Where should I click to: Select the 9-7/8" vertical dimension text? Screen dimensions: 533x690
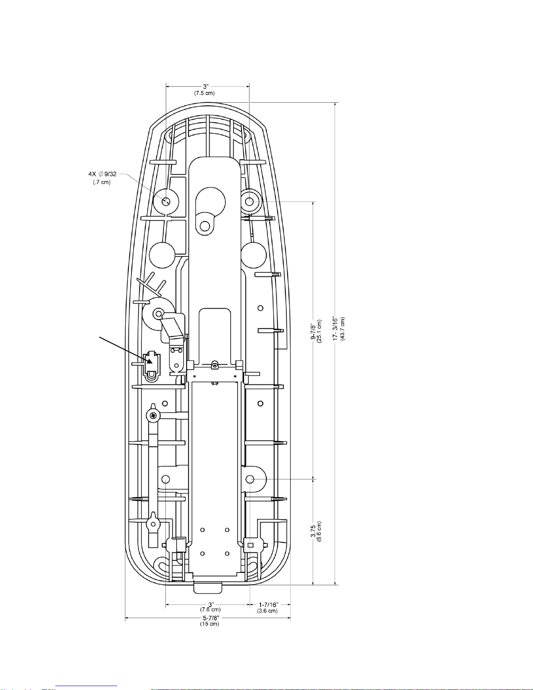click(x=313, y=332)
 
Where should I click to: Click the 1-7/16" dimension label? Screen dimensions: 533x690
click(x=268, y=605)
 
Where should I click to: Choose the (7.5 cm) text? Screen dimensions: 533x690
click(x=204, y=93)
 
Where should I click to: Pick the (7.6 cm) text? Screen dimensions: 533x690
click(x=210, y=609)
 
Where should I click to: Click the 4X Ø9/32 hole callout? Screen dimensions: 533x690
click(x=103, y=174)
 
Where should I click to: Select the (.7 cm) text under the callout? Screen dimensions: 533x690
click(x=101, y=182)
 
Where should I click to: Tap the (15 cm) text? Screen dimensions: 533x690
click(x=209, y=624)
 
